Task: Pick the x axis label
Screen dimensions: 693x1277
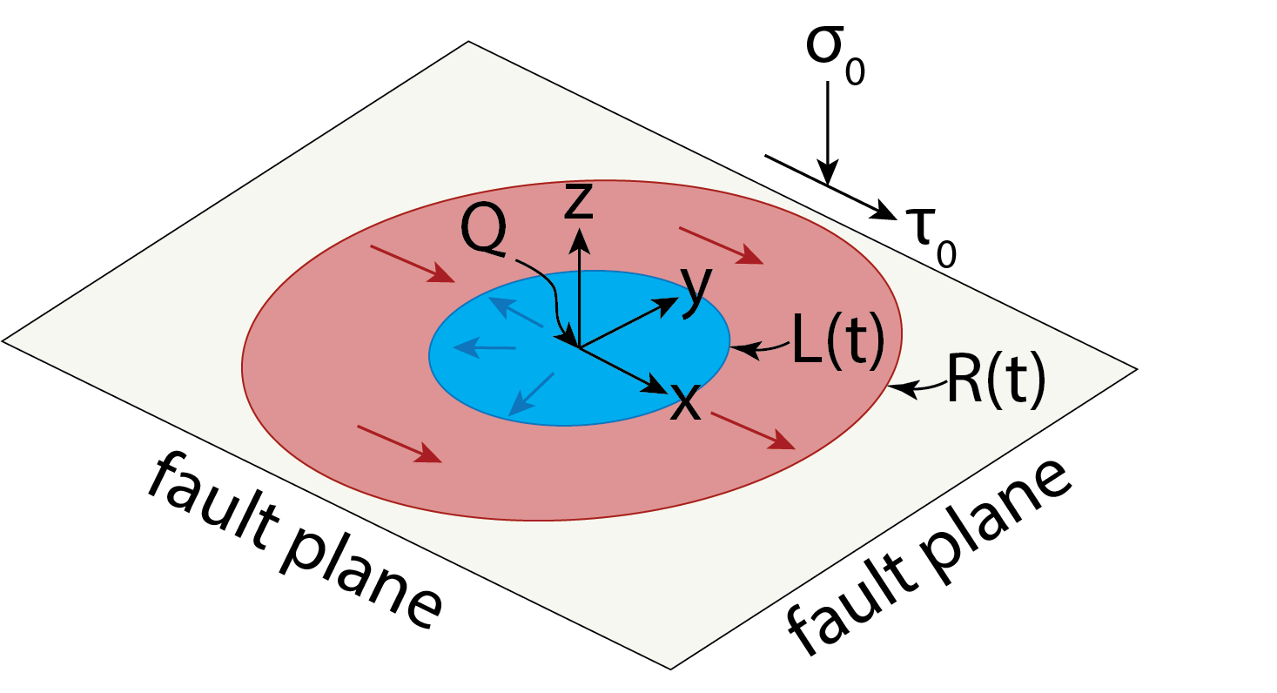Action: pos(686,402)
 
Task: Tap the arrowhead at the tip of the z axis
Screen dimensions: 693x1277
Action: pos(578,236)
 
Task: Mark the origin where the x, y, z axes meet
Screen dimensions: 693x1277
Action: pos(579,347)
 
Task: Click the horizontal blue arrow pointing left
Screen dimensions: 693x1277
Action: pos(485,348)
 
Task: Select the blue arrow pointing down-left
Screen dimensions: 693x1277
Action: pos(530,394)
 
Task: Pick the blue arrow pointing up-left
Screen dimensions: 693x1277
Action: pos(514,311)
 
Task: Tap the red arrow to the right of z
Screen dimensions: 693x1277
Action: pos(720,245)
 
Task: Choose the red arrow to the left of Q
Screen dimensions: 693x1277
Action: pos(412,264)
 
